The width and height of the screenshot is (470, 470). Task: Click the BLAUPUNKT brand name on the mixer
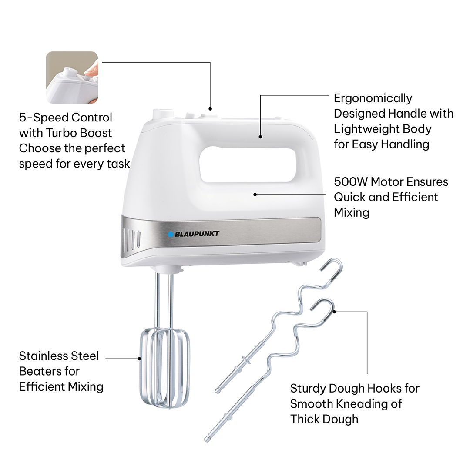[x=197, y=234]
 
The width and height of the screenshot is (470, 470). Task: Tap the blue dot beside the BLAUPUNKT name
[x=171, y=234]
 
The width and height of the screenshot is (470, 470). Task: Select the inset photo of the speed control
[x=72, y=77]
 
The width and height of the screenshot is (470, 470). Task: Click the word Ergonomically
[x=373, y=98]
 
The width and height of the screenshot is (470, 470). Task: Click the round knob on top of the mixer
[x=163, y=114]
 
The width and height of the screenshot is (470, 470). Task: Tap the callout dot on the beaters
[x=139, y=359]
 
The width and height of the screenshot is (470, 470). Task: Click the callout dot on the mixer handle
[x=261, y=137]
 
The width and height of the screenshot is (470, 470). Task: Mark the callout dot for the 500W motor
[x=255, y=195]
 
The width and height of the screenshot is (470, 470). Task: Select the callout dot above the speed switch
[x=211, y=109]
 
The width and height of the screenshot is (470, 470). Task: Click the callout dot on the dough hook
[x=335, y=312]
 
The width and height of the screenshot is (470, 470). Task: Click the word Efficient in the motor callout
[x=415, y=197]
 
